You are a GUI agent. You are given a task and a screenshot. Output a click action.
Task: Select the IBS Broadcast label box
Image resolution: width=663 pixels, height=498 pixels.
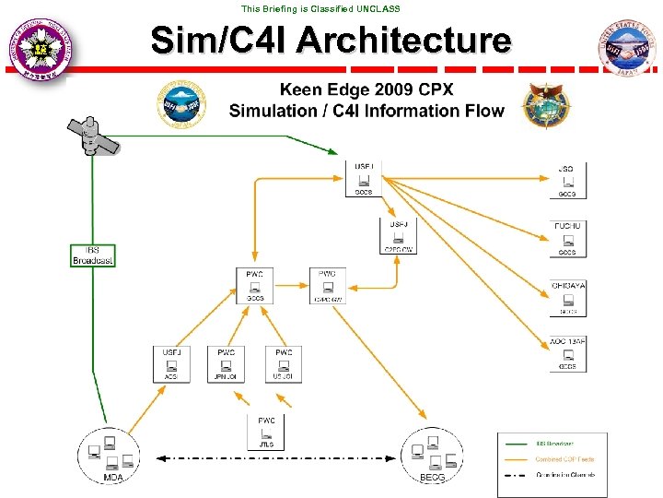coord(93,255)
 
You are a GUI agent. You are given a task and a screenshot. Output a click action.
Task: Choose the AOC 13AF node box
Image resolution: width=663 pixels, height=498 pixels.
coord(567,354)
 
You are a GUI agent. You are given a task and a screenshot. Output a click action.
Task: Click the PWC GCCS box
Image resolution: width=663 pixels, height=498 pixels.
coord(255,286)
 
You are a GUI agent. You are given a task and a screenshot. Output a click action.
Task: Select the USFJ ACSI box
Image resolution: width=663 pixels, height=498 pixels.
coord(171,364)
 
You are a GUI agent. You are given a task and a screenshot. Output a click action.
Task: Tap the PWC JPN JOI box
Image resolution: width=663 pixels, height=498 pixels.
coord(227,364)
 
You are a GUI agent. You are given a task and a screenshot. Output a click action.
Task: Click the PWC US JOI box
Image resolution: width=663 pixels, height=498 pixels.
coord(284,364)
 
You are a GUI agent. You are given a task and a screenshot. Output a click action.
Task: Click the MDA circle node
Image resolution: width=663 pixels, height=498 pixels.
coord(111,455)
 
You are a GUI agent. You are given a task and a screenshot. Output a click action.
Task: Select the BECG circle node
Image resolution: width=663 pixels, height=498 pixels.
coord(433,455)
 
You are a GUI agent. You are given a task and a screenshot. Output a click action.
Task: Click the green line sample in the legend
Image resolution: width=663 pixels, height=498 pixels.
coord(518,444)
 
